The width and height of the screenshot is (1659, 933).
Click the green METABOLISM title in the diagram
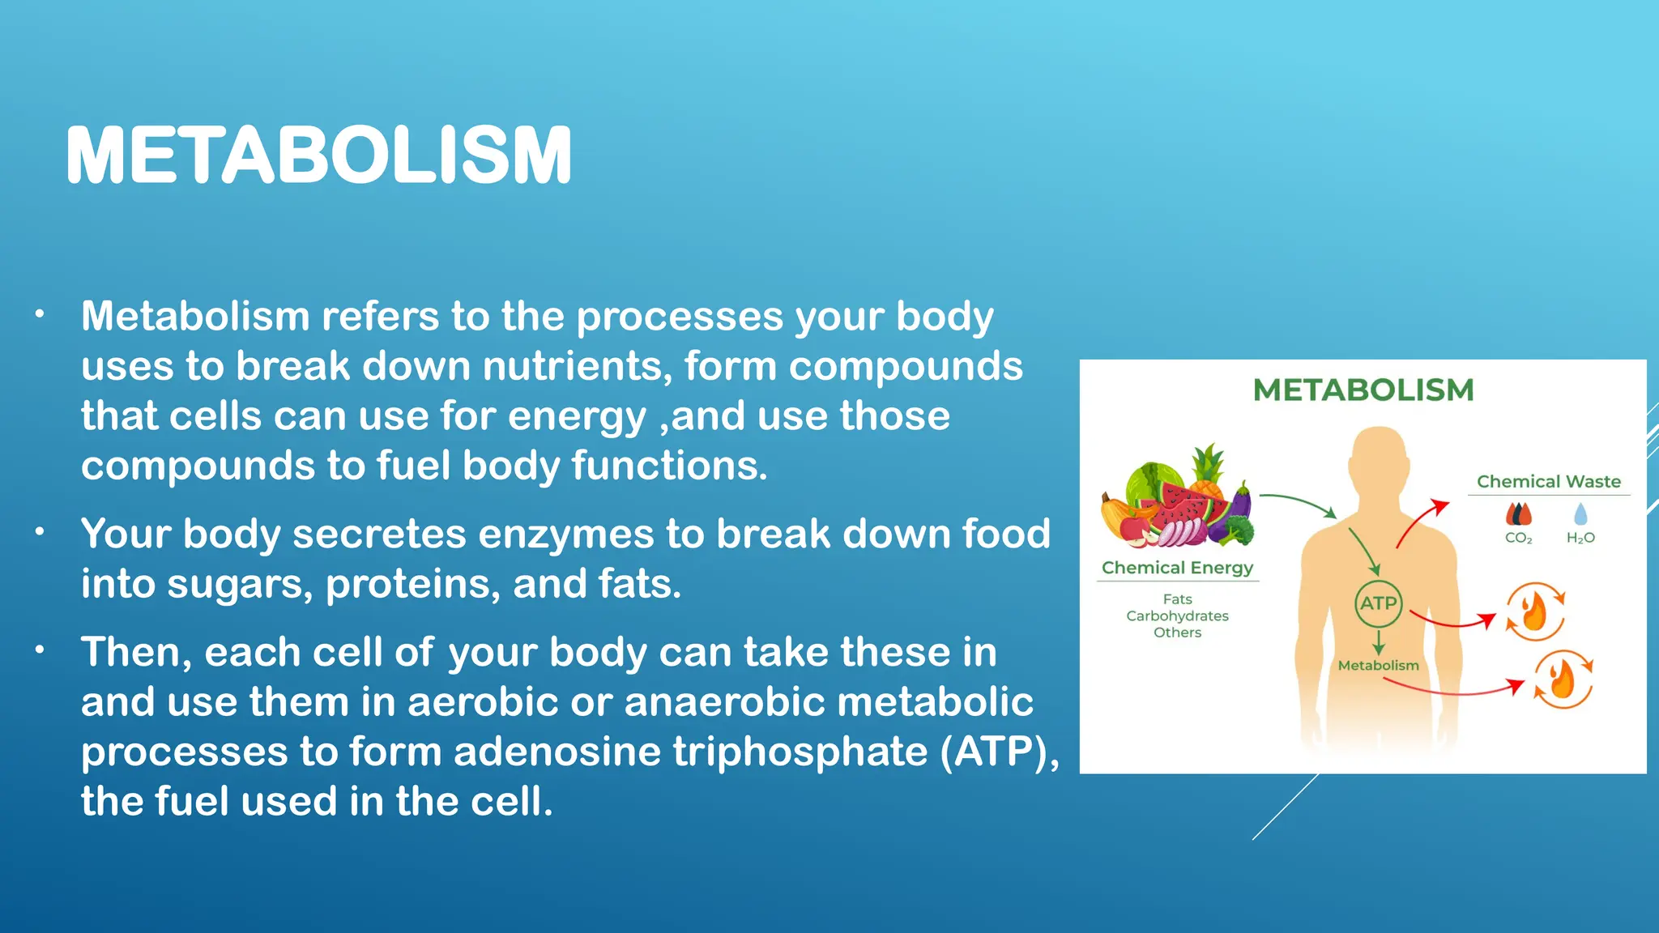tap(1363, 390)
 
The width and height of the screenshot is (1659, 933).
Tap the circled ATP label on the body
tap(1378, 603)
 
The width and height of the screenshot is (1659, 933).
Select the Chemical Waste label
tap(1548, 482)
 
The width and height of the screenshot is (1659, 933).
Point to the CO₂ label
tap(1518, 538)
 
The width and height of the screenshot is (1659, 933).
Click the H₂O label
tap(1580, 538)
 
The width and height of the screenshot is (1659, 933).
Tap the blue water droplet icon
tap(1580, 513)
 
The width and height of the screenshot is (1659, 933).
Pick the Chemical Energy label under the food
tap(1177, 568)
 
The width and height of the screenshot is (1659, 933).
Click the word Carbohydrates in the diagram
tap(1177, 616)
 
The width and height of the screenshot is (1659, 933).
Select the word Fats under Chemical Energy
tap(1177, 599)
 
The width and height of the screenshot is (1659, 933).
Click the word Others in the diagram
tap(1177, 633)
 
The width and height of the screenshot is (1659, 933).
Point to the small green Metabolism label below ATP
tap(1378, 666)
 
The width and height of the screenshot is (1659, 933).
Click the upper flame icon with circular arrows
tap(1534, 612)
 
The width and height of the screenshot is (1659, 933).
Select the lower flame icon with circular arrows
tap(1563, 680)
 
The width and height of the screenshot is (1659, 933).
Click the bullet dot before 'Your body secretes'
tap(39, 533)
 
